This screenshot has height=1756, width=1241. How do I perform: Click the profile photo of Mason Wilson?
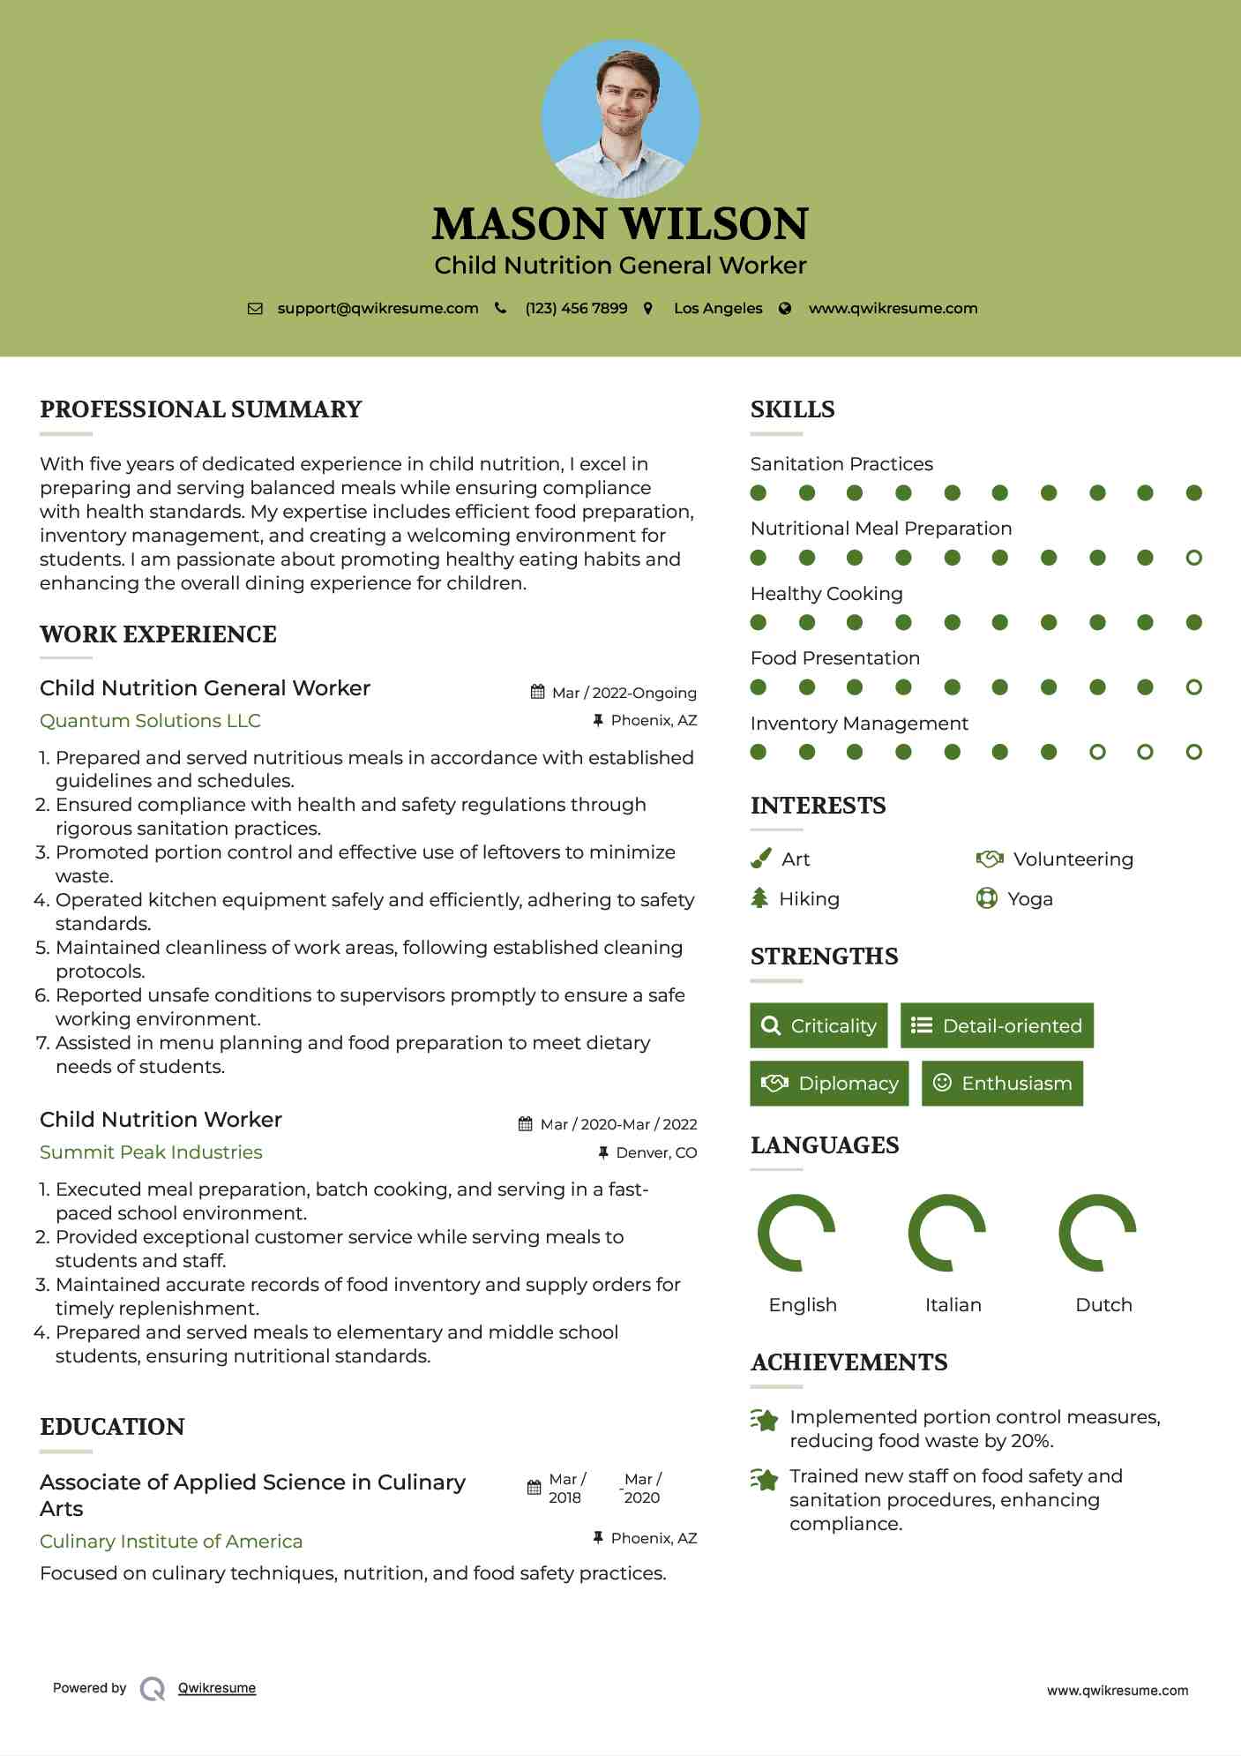point(620,119)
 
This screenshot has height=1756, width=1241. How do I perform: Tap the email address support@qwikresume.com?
point(378,308)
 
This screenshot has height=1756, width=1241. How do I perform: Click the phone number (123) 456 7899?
point(576,308)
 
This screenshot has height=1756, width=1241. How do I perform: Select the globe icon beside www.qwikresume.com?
point(785,308)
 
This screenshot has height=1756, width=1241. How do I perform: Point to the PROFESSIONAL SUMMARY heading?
point(201,409)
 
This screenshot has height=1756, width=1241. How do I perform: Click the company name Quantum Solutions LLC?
point(150,720)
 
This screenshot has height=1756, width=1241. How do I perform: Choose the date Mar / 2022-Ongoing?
point(624,693)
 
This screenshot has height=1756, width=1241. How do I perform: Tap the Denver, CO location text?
point(656,1152)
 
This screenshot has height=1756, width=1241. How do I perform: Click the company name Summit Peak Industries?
point(151,1152)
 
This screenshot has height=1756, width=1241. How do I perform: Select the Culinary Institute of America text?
point(171,1541)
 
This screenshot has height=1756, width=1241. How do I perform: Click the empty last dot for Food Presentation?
point(1193,687)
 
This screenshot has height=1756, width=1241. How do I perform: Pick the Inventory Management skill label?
point(859,723)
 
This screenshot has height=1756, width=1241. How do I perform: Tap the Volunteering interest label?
point(1073,859)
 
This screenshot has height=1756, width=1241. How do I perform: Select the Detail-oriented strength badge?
point(997,1025)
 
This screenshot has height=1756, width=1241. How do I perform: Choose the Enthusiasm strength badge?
point(1002,1083)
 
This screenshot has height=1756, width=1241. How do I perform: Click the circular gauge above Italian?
point(947,1233)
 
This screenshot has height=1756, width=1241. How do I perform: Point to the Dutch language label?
point(1103,1304)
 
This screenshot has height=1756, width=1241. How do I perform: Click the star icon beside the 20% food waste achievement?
point(765,1420)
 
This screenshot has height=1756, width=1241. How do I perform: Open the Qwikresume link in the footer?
point(217,1687)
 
